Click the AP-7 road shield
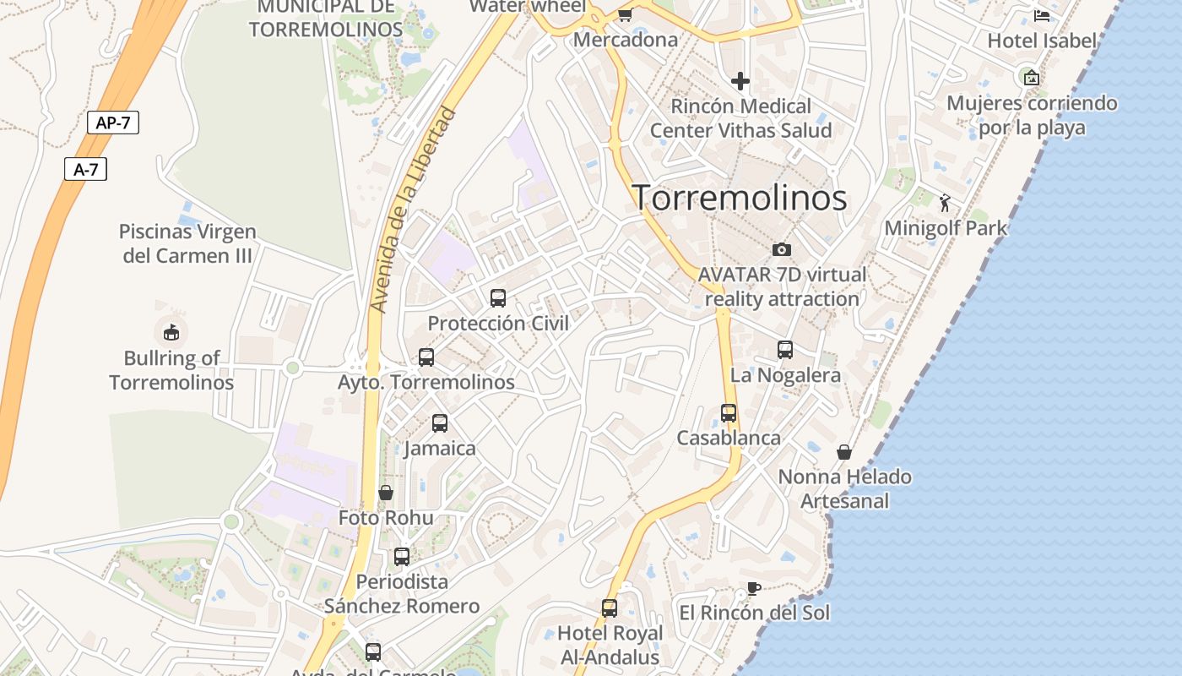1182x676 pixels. pyautogui.click(x=112, y=123)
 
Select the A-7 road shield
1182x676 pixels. pyautogui.click(x=85, y=169)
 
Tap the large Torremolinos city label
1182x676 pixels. pyautogui.click(x=740, y=198)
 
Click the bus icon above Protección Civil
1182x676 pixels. pyautogui.click(x=498, y=297)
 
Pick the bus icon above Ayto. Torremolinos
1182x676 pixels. pyautogui.click(x=426, y=357)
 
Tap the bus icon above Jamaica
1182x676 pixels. pyautogui.click(x=440, y=422)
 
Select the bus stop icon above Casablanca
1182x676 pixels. pyautogui.click(x=729, y=413)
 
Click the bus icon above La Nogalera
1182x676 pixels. pyautogui.click(x=785, y=349)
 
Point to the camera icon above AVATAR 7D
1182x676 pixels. pyautogui.click(x=782, y=249)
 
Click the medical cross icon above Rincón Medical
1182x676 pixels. pyautogui.click(x=740, y=81)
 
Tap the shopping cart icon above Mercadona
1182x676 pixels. pyautogui.click(x=625, y=14)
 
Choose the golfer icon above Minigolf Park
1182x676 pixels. pyautogui.click(x=945, y=203)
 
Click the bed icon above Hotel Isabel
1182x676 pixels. pyautogui.click(x=1042, y=15)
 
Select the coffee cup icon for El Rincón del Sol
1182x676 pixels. pyautogui.click(x=754, y=588)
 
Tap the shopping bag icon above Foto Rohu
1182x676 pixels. pyautogui.click(x=386, y=493)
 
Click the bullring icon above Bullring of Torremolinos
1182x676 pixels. pyautogui.click(x=171, y=332)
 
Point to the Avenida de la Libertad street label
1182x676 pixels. pyautogui.click(x=414, y=210)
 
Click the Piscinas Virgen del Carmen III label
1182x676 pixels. pyautogui.click(x=187, y=243)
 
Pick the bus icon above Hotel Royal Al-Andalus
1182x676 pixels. pyautogui.click(x=609, y=608)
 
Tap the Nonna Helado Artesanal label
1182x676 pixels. pyautogui.click(x=844, y=488)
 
